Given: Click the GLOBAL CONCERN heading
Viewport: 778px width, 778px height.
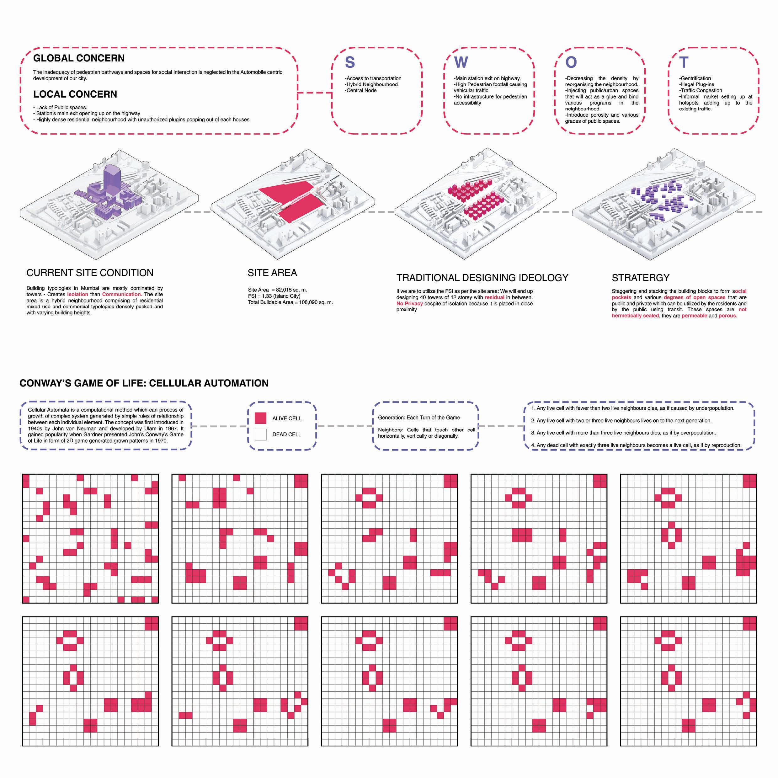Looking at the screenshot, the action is pos(79,58).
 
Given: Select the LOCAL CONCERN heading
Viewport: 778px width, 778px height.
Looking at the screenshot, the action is pos(75,94).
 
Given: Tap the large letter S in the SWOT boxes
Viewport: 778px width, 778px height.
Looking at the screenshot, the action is pos(350,62).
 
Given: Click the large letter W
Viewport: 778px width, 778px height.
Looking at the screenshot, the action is pos(461,62).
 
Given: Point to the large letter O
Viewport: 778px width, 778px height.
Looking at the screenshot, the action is pos(571,62).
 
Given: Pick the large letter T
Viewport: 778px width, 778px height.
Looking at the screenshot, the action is pos(684,62).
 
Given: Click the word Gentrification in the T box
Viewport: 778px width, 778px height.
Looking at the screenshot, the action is pos(695,78).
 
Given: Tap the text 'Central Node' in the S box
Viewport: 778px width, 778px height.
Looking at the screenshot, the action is pos(361,90).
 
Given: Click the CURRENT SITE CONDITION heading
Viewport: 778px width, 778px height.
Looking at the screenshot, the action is pos(90,273).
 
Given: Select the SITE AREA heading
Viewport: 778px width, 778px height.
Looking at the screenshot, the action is pos(272,273).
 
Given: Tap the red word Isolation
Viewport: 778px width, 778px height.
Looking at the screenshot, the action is pos(78,294).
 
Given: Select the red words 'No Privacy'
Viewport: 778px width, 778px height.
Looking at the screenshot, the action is pos(409,303).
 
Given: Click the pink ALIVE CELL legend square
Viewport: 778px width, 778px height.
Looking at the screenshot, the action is pos(261,418).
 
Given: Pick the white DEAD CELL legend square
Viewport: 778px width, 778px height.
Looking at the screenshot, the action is pos(261,434).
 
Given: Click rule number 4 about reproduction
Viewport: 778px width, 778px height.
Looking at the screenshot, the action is pos(636,445).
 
